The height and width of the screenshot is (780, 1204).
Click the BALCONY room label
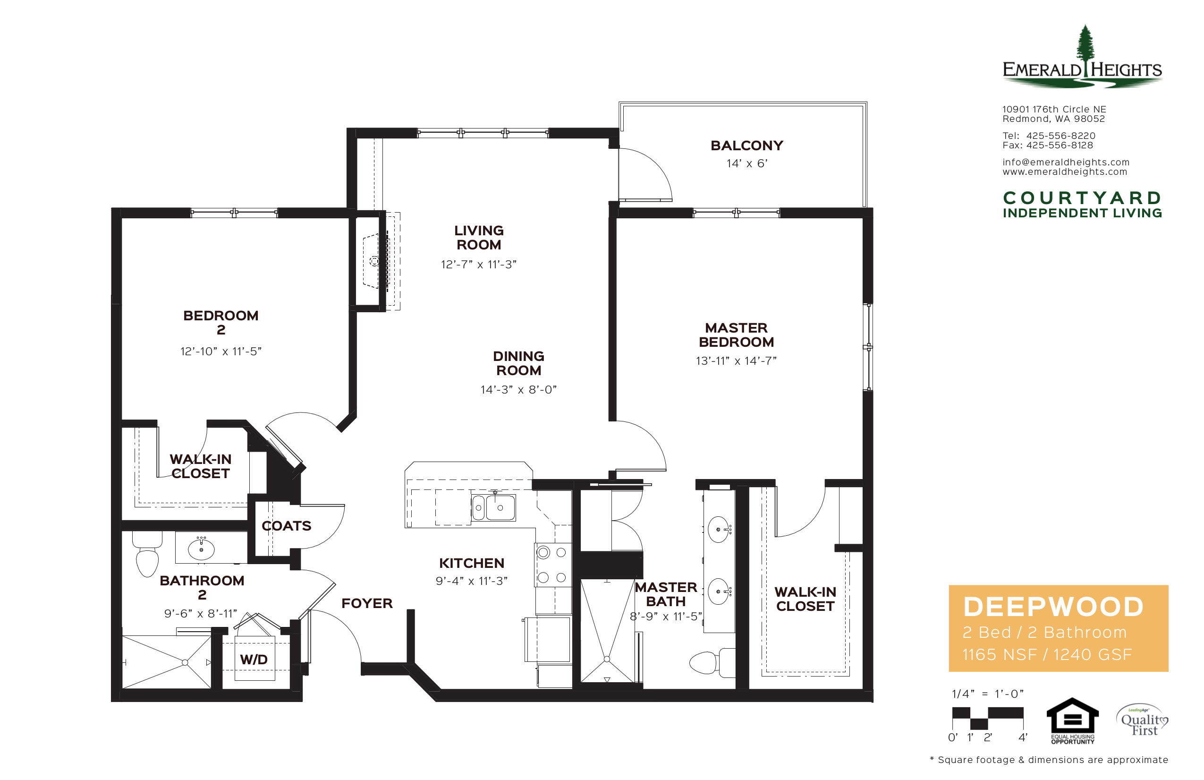(x=746, y=146)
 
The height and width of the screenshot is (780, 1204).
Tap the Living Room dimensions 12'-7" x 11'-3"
(x=479, y=264)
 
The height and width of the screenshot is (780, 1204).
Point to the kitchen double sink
(x=493, y=508)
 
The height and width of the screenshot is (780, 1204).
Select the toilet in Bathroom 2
(x=147, y=554)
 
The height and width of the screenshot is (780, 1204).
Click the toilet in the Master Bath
(x=713, y=662)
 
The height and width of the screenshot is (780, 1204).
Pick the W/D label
(x=254, y=660)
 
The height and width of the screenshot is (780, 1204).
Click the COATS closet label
(x=286, y=526)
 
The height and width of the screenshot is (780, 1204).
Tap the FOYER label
(x=367, y=603)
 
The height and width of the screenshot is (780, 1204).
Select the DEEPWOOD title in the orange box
(x=1053, y=607)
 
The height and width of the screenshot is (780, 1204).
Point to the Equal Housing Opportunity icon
(x=1072, y=721)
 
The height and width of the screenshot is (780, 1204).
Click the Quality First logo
(x=1142, y=720)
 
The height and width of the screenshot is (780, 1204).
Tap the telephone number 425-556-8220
(x=1061, y=136)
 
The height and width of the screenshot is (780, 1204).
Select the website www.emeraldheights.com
(x=1065, y=171)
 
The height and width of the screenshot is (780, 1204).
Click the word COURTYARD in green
(x=1082, y=198)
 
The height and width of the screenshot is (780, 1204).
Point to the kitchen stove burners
(x=552, y=565)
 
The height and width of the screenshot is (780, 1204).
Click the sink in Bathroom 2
(x=201, y=549)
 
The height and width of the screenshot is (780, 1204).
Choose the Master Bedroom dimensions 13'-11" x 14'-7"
(x=736, y=361)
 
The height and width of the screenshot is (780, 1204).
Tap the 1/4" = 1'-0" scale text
(x=987, y=694)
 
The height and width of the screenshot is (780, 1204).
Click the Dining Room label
(x=518, y=363)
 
